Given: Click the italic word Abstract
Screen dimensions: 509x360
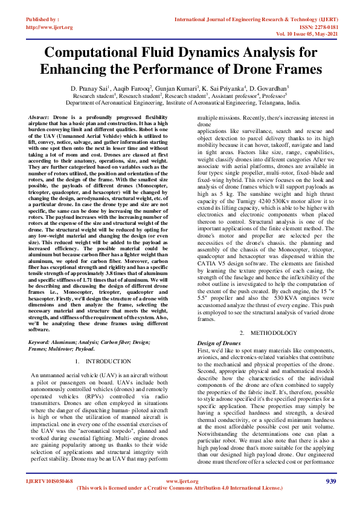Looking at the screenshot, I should coord(39,115).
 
